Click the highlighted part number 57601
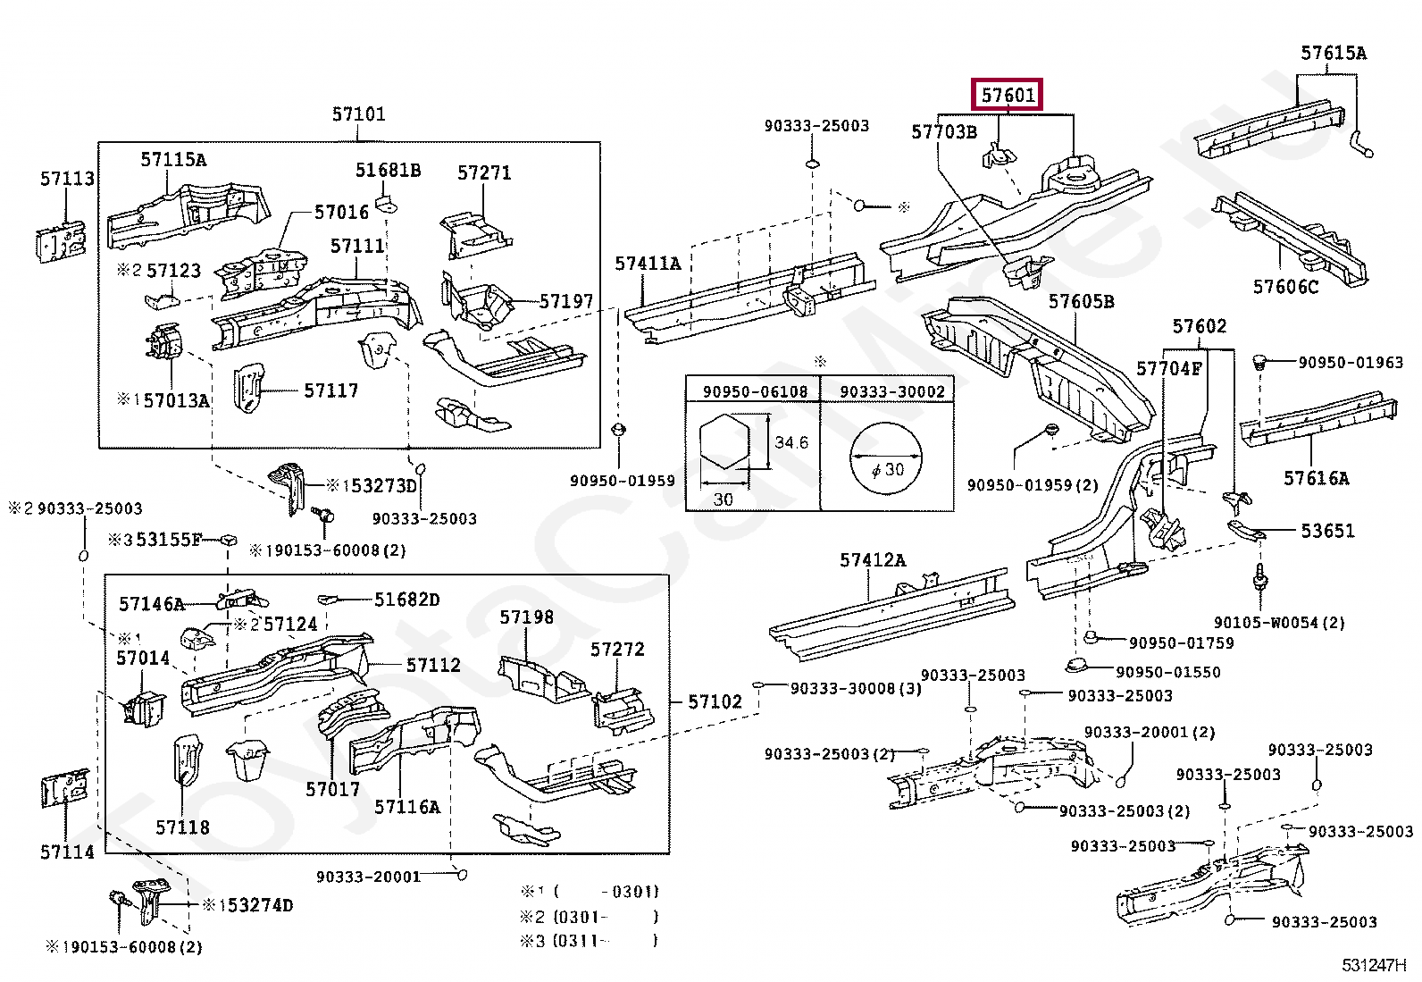[x=1008, y=96]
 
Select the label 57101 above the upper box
[x=359, y=114]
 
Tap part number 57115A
[x=173, y=159]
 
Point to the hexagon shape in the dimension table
[x=724, y=441]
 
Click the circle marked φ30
[x=885, y=457]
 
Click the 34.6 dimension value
[x=791, y=442]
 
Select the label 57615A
[x=1333, y=53]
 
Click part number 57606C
[x=1285, y=287]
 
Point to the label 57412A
[x=873, y=560]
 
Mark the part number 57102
[x=715, y=702]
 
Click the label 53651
[x=1327, y=531]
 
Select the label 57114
[x=67, y=852]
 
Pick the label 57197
[x=565, y=301]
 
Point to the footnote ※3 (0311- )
[x=590, y=941]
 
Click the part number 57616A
[x=1316, y=478]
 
